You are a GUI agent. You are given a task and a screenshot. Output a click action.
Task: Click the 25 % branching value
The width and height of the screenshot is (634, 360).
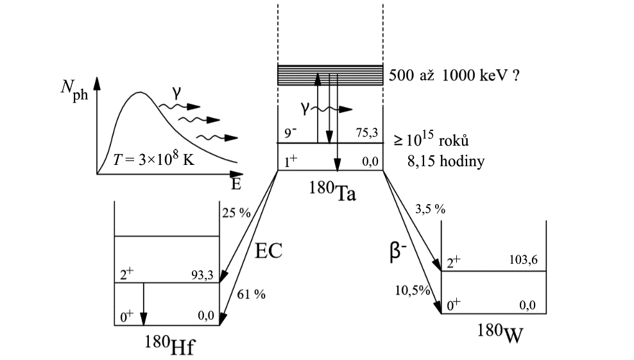coord(236,213)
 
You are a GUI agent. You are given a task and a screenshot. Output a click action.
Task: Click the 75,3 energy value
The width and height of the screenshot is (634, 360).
coord(366,132)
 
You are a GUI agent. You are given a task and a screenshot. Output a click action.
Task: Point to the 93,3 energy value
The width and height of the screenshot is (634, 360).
coord(204,274)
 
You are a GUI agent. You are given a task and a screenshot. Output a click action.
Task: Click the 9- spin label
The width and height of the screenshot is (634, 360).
coord(291,133)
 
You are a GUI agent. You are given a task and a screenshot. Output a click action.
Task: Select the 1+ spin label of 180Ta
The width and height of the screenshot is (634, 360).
coord(291,162)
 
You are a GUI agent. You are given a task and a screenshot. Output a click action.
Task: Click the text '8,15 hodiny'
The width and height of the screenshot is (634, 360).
coord(445,161)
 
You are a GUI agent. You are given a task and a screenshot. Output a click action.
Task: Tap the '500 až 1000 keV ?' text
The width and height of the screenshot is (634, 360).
coord(454,75)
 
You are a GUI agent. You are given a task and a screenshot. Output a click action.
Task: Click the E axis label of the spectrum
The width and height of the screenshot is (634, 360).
coord(236,185)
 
